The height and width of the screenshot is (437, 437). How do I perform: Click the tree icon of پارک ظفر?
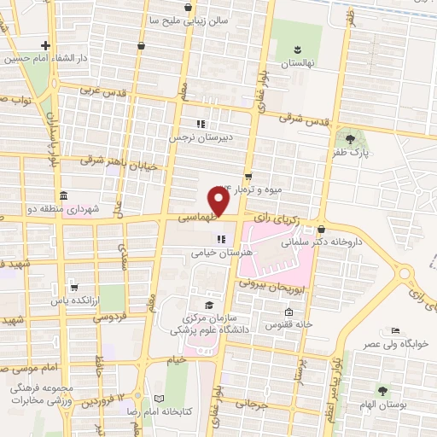click(x=349, y=137)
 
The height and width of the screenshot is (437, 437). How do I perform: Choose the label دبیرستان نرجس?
click(x=229, y=135)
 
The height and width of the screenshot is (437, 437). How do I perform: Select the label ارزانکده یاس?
click(x=81, y=300)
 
